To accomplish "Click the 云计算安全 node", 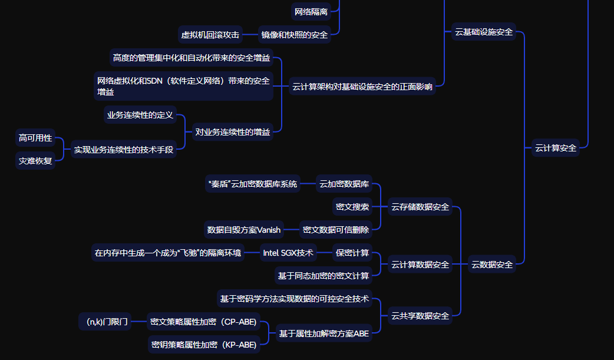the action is (556, 148).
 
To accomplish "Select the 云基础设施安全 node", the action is (484, 32).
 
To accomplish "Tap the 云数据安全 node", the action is (492, 265).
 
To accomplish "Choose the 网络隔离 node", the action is (311, 11).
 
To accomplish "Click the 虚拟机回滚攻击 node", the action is (210, 35).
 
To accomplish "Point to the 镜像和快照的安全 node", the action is (295, 35).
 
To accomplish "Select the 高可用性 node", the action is (35, 138).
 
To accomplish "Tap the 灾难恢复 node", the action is (35, 160).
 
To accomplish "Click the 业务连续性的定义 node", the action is (140, 115).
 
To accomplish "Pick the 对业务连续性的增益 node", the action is (233, 132).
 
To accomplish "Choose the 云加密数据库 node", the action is (344, 184).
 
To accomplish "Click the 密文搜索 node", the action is (352, 207).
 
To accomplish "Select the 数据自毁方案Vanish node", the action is (244, 230).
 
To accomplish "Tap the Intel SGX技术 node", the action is (288, 253).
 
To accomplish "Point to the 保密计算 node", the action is (352, 253).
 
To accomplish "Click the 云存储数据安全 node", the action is (420, 207).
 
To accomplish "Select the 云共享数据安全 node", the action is (420, 316).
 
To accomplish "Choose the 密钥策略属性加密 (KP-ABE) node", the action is (204, 345).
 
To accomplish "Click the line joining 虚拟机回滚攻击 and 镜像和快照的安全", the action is (250, 35).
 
